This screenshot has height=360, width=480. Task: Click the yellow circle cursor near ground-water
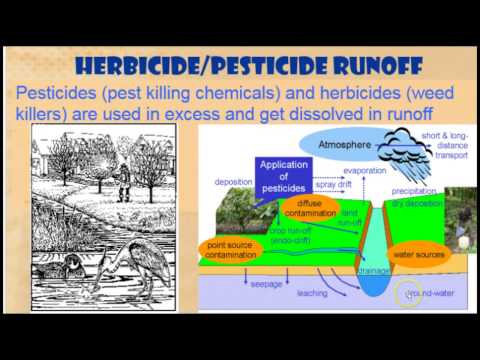click(x=407, y=294)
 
